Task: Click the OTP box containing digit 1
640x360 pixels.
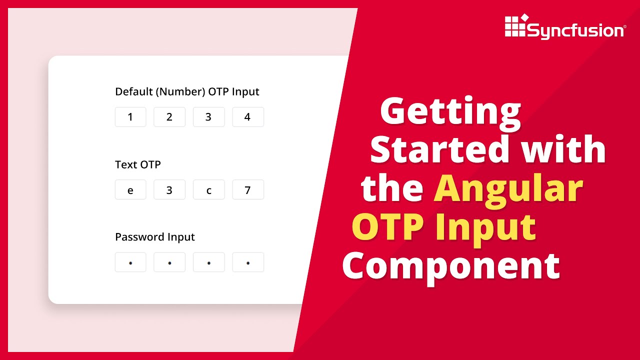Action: pyautogui.click(x=130, y=117)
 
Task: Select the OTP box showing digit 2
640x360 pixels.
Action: pyautogui.click(x=169, y=117)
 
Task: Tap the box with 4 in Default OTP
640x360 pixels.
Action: pyautogui.click(x=248, y=117)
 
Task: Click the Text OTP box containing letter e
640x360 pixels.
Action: pyautogui.click(x=130, y=190)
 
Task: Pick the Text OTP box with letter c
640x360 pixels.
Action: pyautogui.click(x=208, y=190)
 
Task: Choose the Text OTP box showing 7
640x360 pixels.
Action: pyautogui.click(x=248, y=190)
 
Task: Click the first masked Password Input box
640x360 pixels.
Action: pyautogui.click(x=130, y=262)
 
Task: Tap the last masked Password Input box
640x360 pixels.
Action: pyautogui.click(x=248, y=262)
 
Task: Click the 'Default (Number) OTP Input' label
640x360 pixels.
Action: pyautogui.click(x=187, y=92)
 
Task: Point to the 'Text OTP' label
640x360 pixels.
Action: pyautogui.click(x=138, y=164)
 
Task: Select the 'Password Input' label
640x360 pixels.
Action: pyautogui.click(x=155, y=237)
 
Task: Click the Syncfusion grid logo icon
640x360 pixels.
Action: pyautogui.click(x=515, y=26)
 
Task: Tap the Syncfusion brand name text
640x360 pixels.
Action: pyautogui.click(x=575, y=31)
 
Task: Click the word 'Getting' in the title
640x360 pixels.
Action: pyautogui.click(x=450, y=112)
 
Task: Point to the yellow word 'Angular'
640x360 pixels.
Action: pyautogui.click(x=508, y=188)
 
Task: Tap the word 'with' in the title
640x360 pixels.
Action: pyautogui.click(x=562, y=149)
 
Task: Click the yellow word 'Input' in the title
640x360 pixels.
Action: pyautogui.click(x=485, y=227)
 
